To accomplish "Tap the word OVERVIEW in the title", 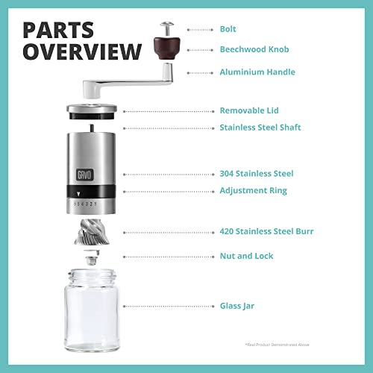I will (81, 52).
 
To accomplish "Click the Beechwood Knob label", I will (254, 49).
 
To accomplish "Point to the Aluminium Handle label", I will (257, 72).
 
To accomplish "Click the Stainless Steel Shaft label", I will (260, 128).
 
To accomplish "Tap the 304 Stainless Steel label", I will (257, 174).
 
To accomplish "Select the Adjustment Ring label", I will (253, 191).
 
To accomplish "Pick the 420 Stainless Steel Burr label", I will (266, 231).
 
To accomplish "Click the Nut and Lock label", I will (246, 256).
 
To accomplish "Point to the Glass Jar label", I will (237, 306).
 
